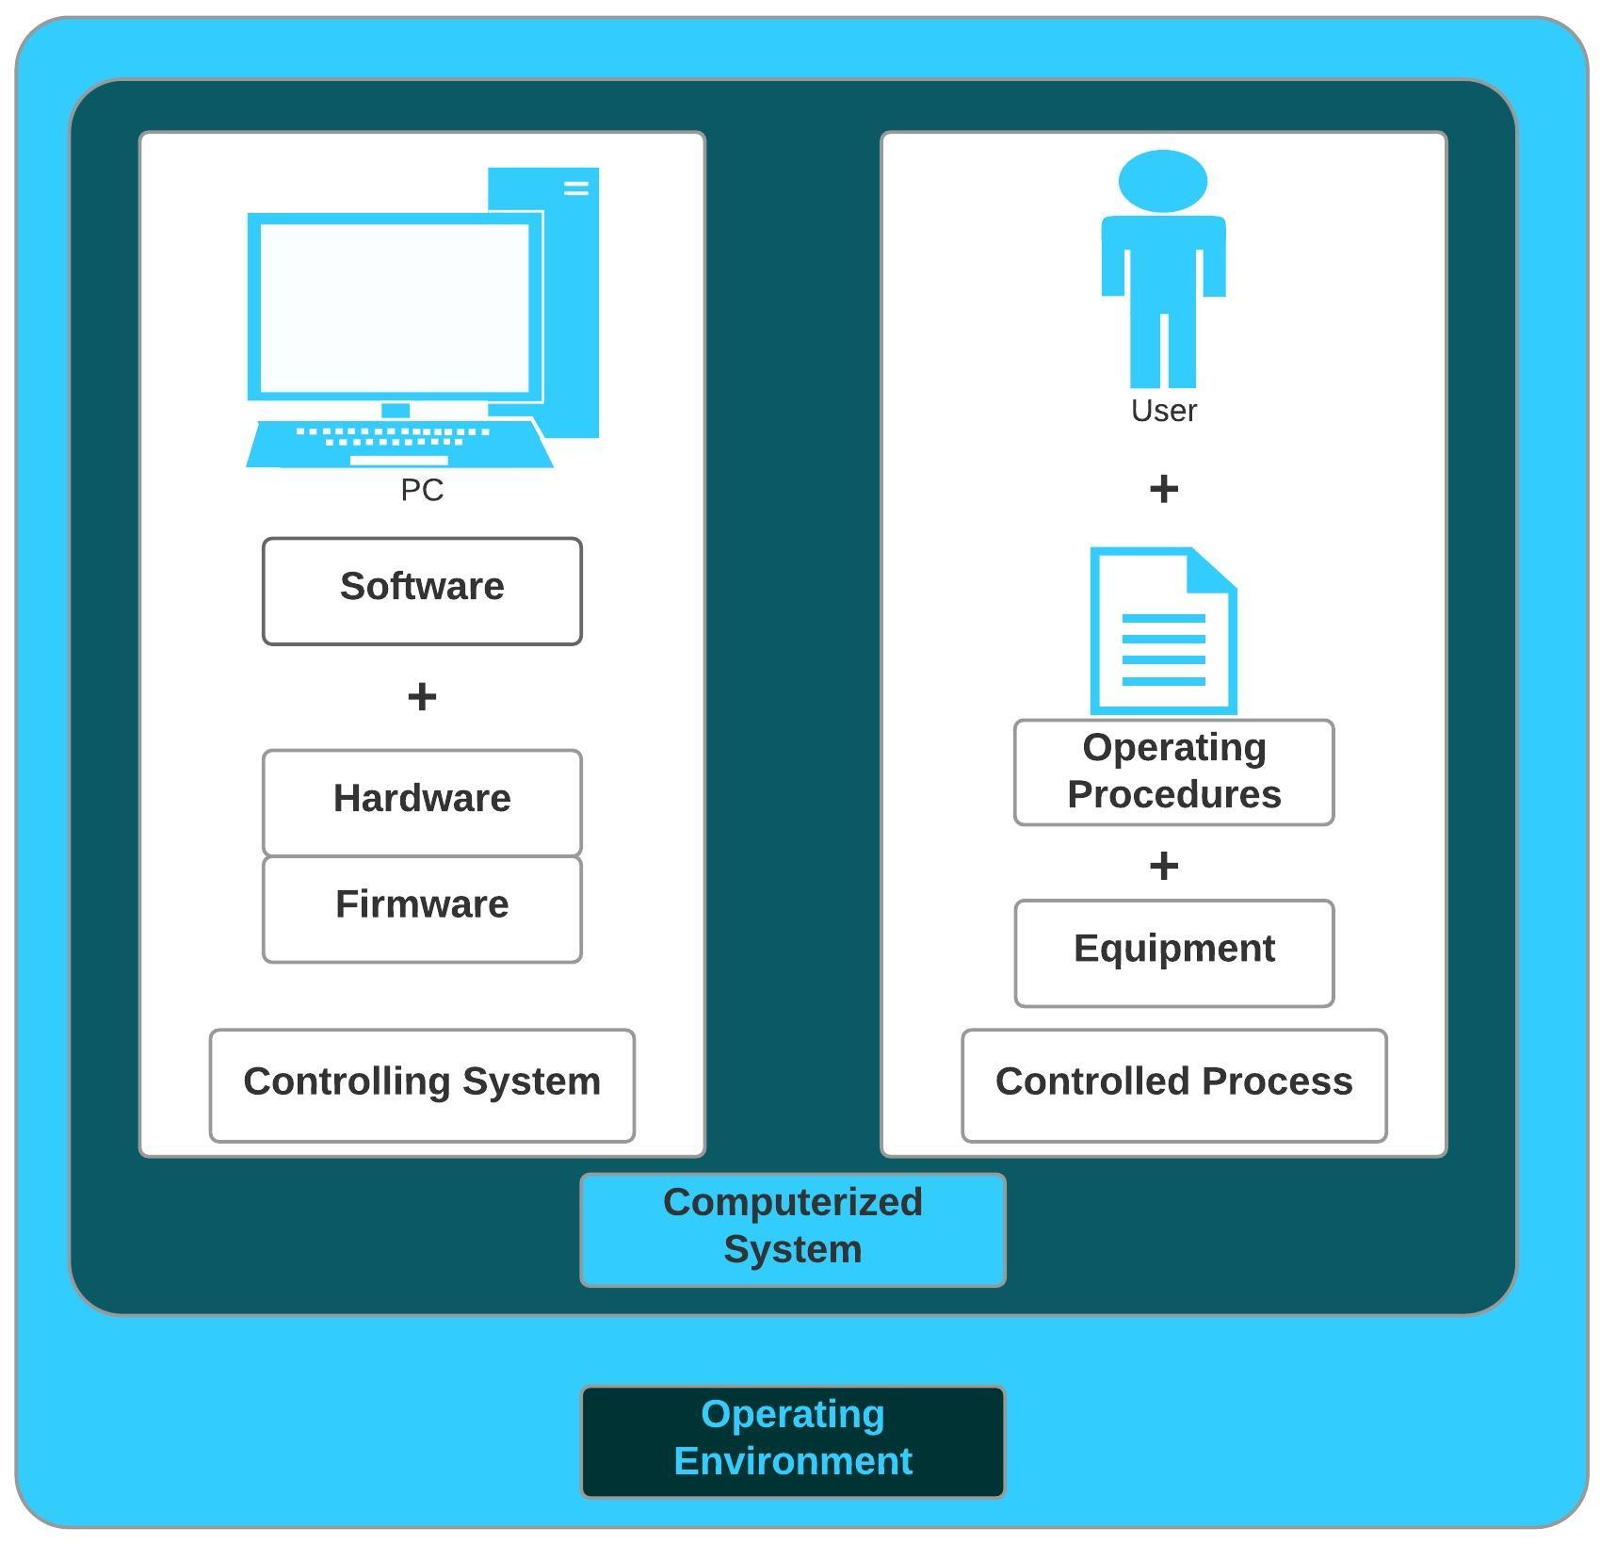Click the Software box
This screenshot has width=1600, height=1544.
click(x=422, y=591)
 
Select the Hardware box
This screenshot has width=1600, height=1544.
click(x=422, y=802)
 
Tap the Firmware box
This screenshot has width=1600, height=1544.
click(x=422, y=908)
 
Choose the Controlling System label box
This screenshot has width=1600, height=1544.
click(x=422, y=1084)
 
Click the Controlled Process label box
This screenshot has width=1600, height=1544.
click(x=1173, y=1084)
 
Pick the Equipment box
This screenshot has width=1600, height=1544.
click(x=1173, y=952)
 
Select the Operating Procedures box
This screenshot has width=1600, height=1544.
click(x=1173, y=772)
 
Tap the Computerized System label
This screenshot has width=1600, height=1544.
click(x=792, y=1228)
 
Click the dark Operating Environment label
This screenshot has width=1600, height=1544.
click(x=792, y=1440)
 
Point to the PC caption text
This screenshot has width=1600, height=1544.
click(x=422, y=490)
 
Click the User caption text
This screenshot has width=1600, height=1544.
click(x=1163, y=411)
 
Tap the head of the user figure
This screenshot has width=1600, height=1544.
click(x=1163, y=181)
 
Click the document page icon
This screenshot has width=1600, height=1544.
click(x=1163, y=641)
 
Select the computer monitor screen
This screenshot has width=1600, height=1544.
click(x=395, y=307)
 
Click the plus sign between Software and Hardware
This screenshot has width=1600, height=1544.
click(x=422, y=697)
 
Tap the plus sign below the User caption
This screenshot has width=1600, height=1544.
click(x=1164, y=488)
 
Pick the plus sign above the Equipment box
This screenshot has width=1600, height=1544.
click(x=1164, y=865)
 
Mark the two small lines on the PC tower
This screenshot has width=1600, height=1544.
click(x=576, y=188)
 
